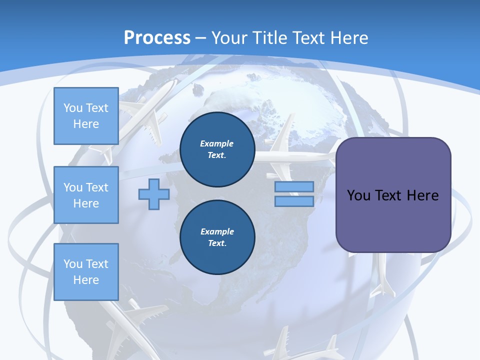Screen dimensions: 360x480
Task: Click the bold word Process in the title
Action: tap(157, 38)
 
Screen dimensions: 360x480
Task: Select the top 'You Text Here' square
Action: tap(86, 116)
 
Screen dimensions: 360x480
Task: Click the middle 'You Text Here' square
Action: tap(86, 195)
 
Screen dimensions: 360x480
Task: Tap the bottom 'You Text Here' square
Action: tap(86, 272)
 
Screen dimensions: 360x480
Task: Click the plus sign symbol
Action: tap(154, 194)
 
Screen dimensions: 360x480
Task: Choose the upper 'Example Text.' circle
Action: tap(217, 149)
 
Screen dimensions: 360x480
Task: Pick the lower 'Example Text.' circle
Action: tap(217, 237)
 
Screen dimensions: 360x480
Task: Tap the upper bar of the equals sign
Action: tap(294, 186)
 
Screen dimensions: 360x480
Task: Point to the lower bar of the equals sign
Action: tap(294, 201)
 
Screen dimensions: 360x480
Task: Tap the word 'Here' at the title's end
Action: tap(350, 38)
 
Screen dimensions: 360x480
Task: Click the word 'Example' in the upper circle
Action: tap(217, 143)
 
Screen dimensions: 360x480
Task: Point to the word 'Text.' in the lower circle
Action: tap(217, 243)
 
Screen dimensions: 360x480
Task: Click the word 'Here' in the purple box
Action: tap(422, 195)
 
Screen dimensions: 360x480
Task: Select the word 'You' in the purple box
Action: tap(358, 195)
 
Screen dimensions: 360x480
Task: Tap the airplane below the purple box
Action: tap(383, 277)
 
